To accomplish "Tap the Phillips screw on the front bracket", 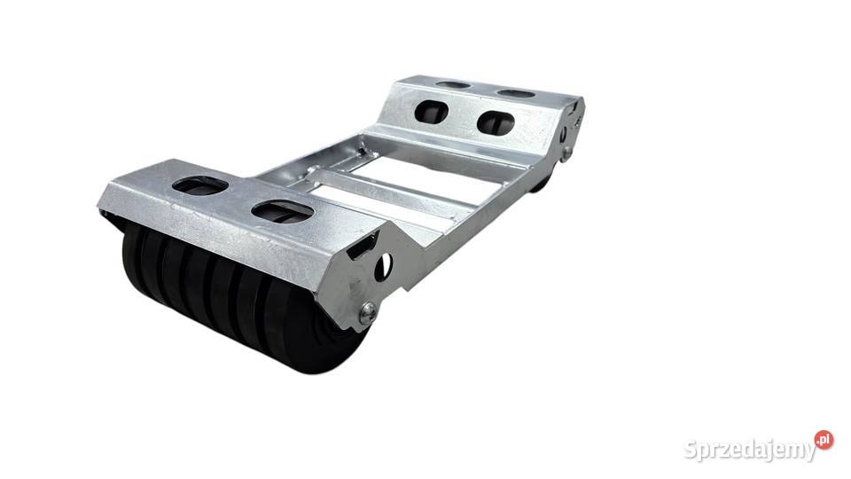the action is (x=369, y=311).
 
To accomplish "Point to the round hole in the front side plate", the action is (x=383, y=265).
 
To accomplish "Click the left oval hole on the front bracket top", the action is (x=199, y=185).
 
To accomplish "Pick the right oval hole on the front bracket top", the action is (x=282, y=211).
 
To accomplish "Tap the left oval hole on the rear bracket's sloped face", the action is (x=431, y=112).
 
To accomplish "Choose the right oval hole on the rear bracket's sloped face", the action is (x=496, y=122).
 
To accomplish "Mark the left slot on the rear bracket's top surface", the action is (x=453, y=85).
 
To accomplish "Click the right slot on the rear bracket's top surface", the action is (x=516, y=93).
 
